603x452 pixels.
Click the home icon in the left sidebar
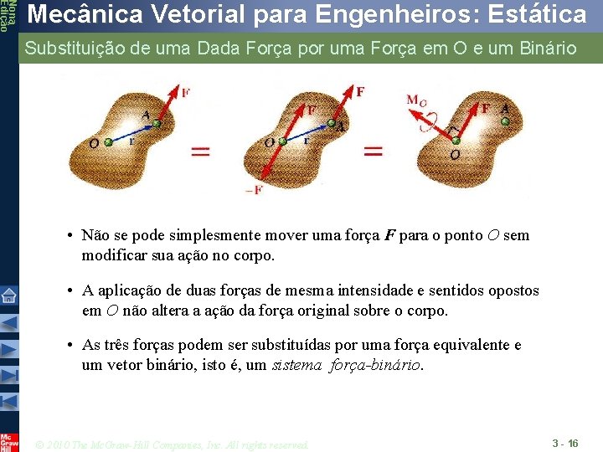pos(8,295)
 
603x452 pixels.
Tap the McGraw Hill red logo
pos(8,441)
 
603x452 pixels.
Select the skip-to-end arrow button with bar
pos(8,399)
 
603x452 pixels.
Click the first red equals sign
pos(201,152)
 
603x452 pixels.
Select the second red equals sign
pos(372,152)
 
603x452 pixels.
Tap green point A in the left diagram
pos(156,126)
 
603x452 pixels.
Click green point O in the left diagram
pos(108,143)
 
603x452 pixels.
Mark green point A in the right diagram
pos(504,122)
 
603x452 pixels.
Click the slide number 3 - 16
pos(565,441)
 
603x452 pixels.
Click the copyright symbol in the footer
pos(41,444)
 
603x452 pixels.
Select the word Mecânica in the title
pos(74,14)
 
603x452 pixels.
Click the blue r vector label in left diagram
pos(131,142)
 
